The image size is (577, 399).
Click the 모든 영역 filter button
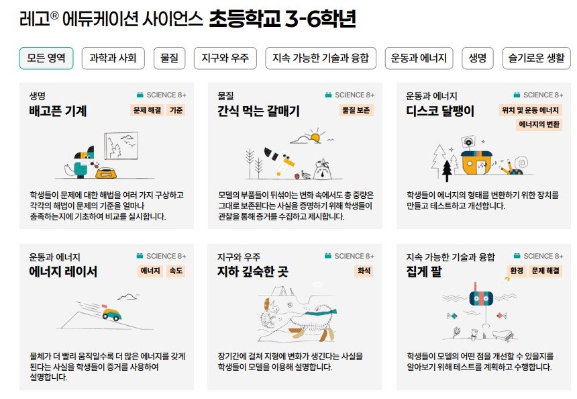pos(46,58)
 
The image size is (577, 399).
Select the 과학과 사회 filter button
pos(113,58)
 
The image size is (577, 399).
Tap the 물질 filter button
pos(169,58)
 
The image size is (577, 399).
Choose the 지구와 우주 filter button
pos(225,58)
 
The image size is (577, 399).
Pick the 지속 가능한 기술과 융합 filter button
pos(321,58)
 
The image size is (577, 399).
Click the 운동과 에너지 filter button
pos(419,58)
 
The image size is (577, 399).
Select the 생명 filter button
pos(478,58)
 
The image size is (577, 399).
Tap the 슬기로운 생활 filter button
pos(537,58)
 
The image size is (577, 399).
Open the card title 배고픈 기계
pos(58,111)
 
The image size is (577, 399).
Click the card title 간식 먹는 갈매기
pos(259,111)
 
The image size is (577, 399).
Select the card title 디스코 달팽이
pos(440,111)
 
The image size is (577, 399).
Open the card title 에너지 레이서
pos(63,272)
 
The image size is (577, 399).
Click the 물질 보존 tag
pos(356,110)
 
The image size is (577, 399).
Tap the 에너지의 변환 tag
pos(539,124)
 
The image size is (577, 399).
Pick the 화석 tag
pos(364,271)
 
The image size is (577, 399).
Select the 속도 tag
pos(176,271)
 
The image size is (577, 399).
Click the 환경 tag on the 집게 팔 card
pos(517,271)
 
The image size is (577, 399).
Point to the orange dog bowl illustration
pos(106,173)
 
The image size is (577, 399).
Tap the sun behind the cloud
pos(315,138)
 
